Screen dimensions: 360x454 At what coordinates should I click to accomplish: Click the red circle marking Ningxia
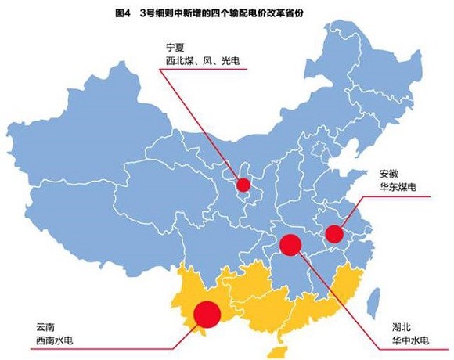coord(243,185)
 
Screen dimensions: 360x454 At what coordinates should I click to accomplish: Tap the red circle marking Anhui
coord(334,233)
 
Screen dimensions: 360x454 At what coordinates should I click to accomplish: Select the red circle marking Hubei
coord(290,245)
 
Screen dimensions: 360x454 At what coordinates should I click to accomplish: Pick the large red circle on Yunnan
coord(207,313)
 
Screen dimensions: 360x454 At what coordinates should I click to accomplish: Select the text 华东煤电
coord(398,188)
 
